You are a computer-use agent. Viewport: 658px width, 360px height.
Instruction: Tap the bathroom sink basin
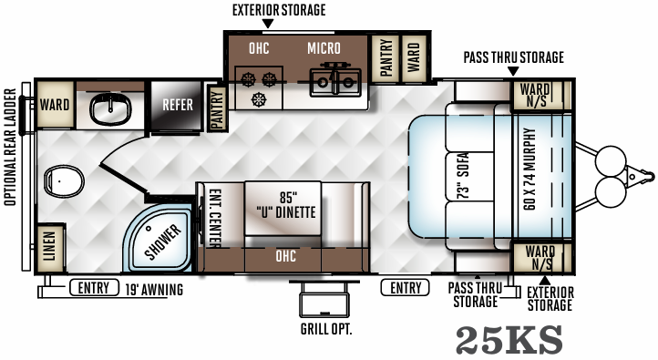[112, 110]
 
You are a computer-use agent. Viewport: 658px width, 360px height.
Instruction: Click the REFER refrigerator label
[178, 105]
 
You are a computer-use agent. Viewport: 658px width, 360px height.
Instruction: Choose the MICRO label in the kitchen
[324, 47]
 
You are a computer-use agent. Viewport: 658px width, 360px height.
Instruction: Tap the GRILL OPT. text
[325, 329]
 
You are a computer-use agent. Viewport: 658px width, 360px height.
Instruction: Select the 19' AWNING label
[154, 290]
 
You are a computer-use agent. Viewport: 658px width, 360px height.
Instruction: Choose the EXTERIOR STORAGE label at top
[278, 10]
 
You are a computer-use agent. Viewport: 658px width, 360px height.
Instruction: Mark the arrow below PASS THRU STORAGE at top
[512, 71]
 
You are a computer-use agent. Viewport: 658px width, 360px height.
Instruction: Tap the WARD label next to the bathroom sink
[55, 105]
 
